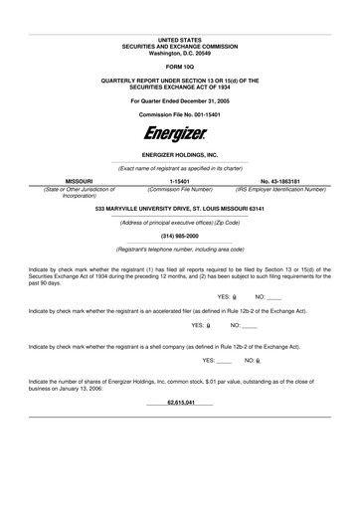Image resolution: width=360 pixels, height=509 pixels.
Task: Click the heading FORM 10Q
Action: pyautogui.click(x=180, y=67)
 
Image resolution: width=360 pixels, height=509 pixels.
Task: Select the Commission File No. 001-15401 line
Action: pyautogui.click(x=180, y=115)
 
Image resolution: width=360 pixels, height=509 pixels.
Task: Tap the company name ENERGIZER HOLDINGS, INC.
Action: pyautogui.click(x=180, y=156)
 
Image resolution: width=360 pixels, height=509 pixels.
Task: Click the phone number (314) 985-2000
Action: pyautogui.click(x=180, y=236)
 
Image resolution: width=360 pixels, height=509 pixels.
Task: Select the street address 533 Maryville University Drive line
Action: pyautogui.click(x=180, y=210)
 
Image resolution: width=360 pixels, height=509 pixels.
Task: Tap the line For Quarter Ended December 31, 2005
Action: pyautogui.click(x=180, y=101)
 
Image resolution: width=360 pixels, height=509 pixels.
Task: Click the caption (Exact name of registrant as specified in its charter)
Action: pyautogui.click(x=180, y=169)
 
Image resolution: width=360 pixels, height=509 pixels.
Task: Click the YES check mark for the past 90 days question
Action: pyautogui.click(x=234, y=297)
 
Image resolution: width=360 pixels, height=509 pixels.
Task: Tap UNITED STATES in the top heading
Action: pyautogui.click(x=180, y=38)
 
